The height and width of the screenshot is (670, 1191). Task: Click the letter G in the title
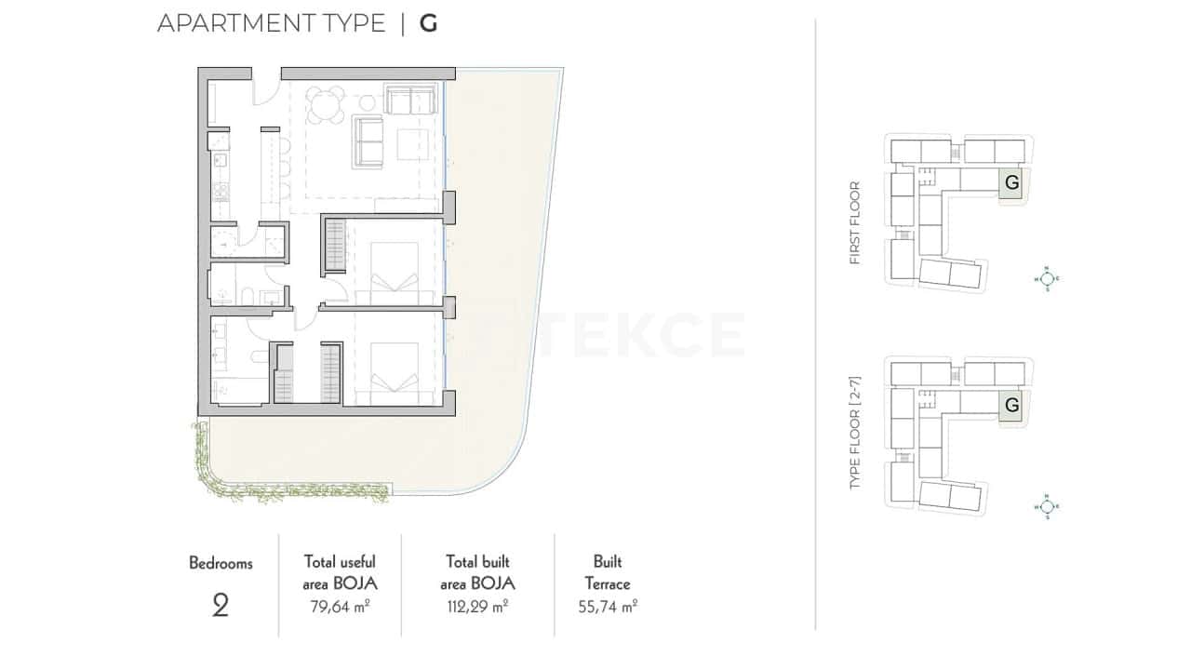428,23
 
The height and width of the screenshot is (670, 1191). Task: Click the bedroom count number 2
221,607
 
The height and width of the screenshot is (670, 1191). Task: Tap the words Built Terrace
608,573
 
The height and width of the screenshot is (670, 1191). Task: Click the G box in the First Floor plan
1012,183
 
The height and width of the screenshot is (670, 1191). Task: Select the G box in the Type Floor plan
1012,405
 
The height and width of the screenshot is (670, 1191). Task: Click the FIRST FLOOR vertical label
855,223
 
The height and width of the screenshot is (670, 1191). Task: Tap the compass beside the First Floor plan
1047,277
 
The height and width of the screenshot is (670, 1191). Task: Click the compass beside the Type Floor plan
1047,506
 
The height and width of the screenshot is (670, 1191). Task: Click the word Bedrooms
221,563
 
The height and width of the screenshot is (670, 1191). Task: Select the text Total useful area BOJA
340,572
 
